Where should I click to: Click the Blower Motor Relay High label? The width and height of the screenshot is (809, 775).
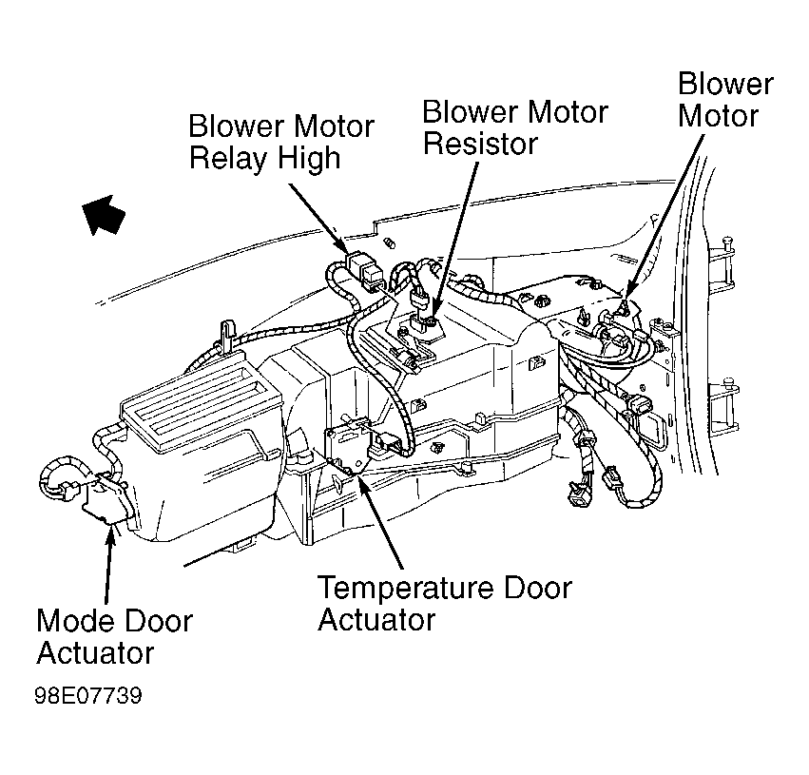tap(281, 142)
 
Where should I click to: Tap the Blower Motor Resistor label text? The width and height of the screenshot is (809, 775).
tap(515, 127)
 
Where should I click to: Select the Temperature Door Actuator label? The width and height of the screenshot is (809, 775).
tap(445, 603)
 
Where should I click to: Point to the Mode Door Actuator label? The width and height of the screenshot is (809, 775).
tap(114, 637)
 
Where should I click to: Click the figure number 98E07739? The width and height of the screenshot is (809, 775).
tap(87, 695)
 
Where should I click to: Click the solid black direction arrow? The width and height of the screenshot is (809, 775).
tap(104, 214)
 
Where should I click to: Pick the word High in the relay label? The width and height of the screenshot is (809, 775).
tap(309, 159)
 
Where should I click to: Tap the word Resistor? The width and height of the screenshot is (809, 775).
tap(480, 144)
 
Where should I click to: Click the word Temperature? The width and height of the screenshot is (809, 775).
tap(407, 589)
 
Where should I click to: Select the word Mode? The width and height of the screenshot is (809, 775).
tap(77, 621)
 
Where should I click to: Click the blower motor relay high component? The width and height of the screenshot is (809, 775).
tap(366, 269)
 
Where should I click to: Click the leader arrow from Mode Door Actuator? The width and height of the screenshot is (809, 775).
tap(108, 564)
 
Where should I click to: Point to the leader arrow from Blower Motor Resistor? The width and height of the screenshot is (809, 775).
tap(455, 243)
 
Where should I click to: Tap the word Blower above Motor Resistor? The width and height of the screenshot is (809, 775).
tap(470, 112)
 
